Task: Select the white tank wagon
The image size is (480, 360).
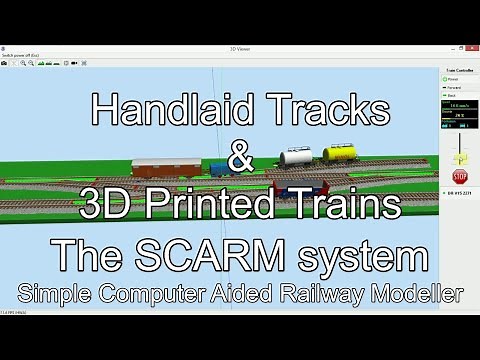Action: tap(296, 156)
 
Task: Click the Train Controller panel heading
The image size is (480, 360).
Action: tap(459, 73)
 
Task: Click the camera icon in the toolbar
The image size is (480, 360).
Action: tap(5, 63)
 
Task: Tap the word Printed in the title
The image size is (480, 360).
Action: tap(225, 206)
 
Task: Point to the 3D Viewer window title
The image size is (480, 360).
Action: tap(240, 47)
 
